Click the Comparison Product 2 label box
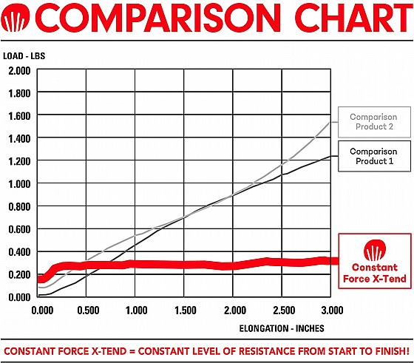click(x=374, y=122)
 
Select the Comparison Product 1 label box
click(x=374, y=156)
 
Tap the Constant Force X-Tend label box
click(x=375, y=261)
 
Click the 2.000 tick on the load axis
click(x=19, y=70)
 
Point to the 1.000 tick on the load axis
click(x=19, y=184)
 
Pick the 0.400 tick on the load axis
click(x=19, y=252)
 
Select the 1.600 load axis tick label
click(x=19, y=116)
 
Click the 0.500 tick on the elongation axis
click(x=88, y=311)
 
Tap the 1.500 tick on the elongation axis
click(x=186, y=311)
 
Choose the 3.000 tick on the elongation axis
click(x=332, y=311)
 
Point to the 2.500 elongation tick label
click(x=284, y=311)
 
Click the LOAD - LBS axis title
click(x=24, y=56)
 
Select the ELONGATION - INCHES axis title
click(x=282, y=328)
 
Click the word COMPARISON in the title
click(x=157, y=18)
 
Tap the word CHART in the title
click(x=354, y=18)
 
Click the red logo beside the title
click(x=15, y=18)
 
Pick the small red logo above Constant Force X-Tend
click(x=375, y=250)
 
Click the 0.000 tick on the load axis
click(x=19, y=297)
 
